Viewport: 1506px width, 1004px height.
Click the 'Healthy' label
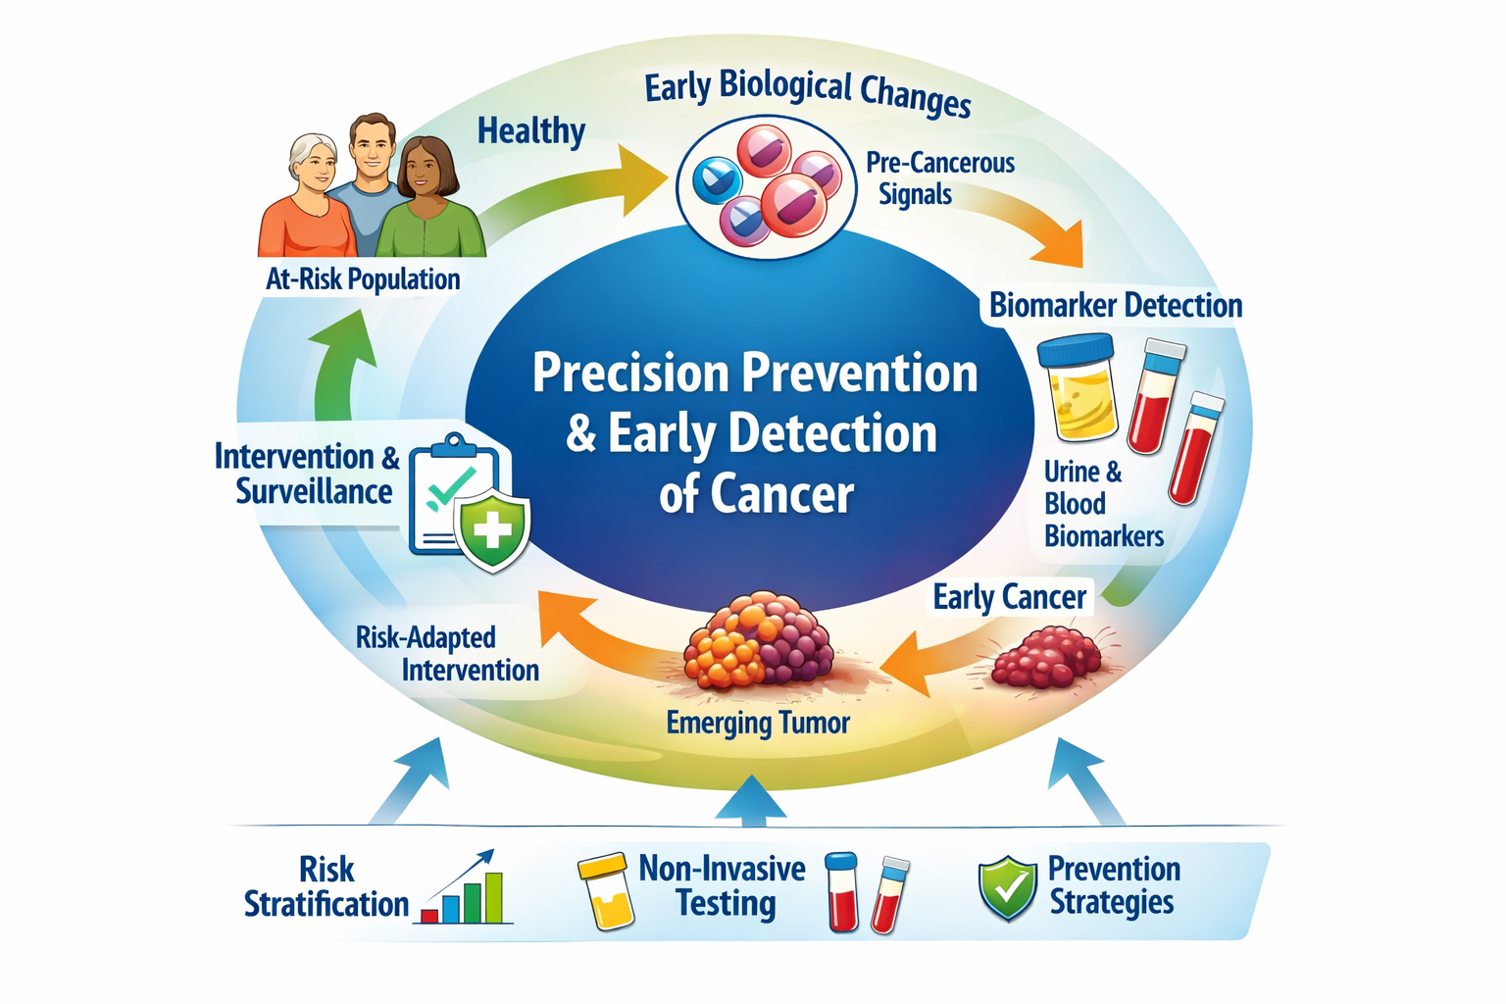(x=531, y=131)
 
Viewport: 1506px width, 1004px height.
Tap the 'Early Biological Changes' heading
(x=808, y=94)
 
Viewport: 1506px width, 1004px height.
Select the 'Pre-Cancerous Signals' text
(x=939, y=178)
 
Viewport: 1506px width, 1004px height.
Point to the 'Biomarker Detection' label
(x=1116, y=305)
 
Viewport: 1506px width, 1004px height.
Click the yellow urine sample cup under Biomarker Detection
(x=1077, y=387)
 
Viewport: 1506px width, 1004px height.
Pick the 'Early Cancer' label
(x=1010, y=597)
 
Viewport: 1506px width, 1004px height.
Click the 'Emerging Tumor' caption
(x=758, y=724)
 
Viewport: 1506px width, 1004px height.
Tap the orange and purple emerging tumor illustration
(x=758, y=639)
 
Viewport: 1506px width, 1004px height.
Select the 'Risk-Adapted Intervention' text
(x=447, y=654)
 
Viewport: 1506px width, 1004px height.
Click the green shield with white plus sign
(x=493, y=529)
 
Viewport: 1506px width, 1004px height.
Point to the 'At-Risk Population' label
(x=363, y=279)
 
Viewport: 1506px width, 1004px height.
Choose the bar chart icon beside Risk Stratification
(x=464, y=887)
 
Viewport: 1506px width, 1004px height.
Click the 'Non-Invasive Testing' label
(x=722, y=885)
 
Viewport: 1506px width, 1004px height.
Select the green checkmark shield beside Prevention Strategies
(x=1008, y=887)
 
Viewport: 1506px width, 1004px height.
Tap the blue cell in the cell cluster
(x=718, y=179)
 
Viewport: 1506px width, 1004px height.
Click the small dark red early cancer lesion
(x=1047, y=657)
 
